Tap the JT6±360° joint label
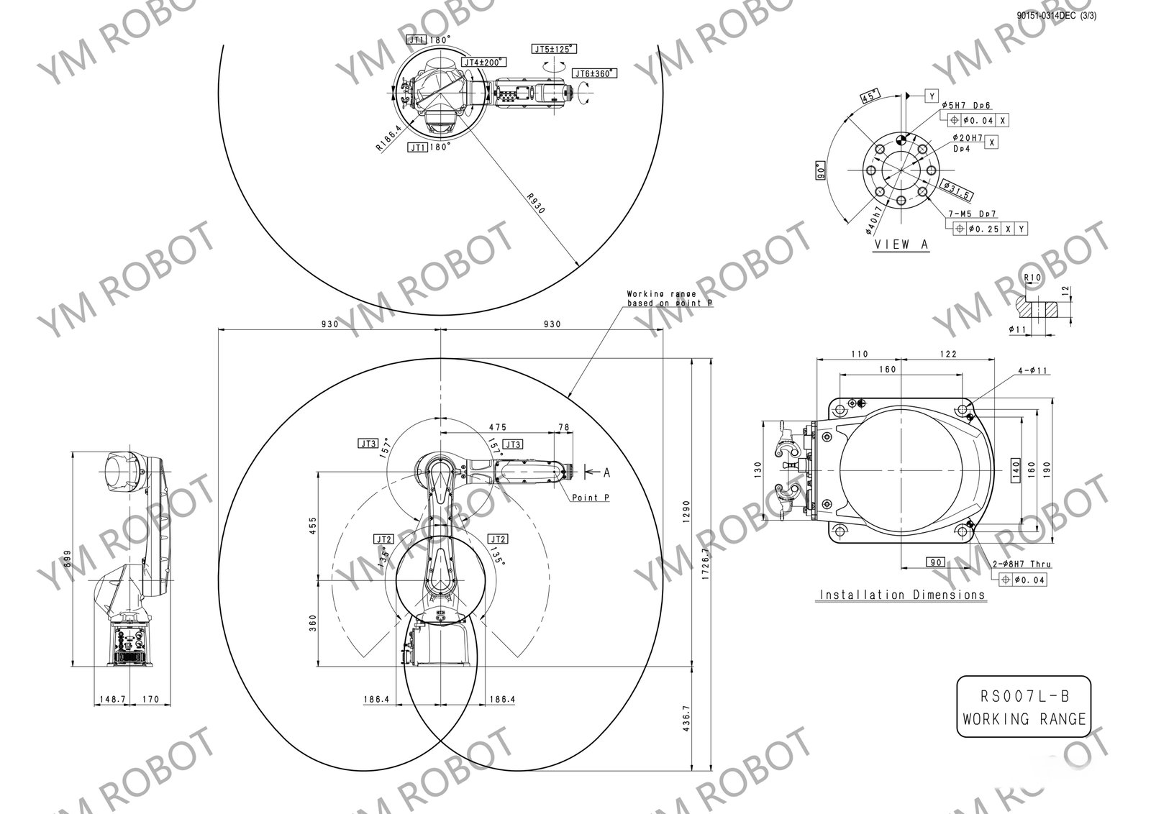pos(595,73)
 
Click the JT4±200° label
pos(484,63)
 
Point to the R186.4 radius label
pos(388,137)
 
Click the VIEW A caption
pos(901,244)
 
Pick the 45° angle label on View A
pos(870,96)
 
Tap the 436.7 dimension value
pos(686,718)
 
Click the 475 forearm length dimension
pos(497,427)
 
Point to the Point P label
pos(591,498)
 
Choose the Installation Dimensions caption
pos(902,595)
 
